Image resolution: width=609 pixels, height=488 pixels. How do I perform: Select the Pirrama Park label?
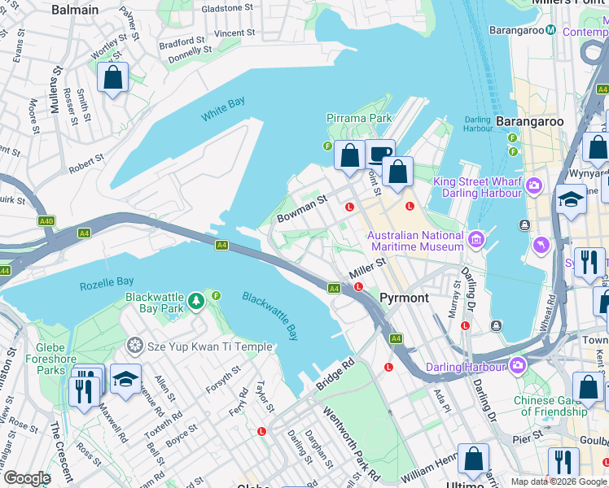click(359, 119)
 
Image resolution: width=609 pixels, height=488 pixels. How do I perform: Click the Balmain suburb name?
click(74, 11)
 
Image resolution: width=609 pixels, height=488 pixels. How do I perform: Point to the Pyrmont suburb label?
click(405, 298)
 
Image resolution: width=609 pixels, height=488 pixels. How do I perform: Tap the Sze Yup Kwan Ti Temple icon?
click(134, 346)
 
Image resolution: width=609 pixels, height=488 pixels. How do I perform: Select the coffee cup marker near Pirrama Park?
click(379, 153)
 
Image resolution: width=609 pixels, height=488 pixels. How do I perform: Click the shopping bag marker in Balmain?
click(113, 78)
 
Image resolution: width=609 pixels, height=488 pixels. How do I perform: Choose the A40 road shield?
click(46, 220)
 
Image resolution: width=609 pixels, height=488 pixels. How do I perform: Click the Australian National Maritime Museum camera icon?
click(476, 240)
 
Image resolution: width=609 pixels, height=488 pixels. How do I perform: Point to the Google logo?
click(27, 478)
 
